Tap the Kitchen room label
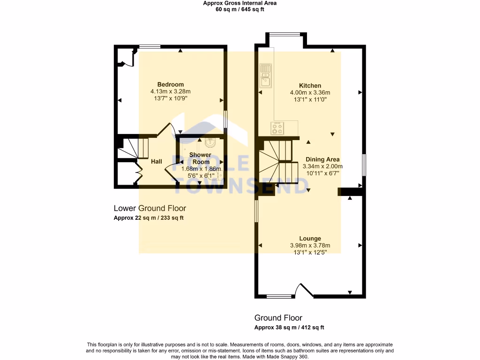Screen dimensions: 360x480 310,86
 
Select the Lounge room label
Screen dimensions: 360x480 310,239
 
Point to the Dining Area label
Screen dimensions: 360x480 322,159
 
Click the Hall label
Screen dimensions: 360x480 157,161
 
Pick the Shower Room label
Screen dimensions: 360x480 200,158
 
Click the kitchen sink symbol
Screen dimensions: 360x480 266,76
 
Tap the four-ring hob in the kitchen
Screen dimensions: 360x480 277,127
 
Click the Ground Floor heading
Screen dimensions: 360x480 278,318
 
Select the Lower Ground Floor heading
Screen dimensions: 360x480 150,208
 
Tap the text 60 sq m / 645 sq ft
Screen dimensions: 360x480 240,9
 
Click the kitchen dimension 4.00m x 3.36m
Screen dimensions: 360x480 310,93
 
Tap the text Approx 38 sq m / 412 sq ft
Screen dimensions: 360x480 289,328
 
